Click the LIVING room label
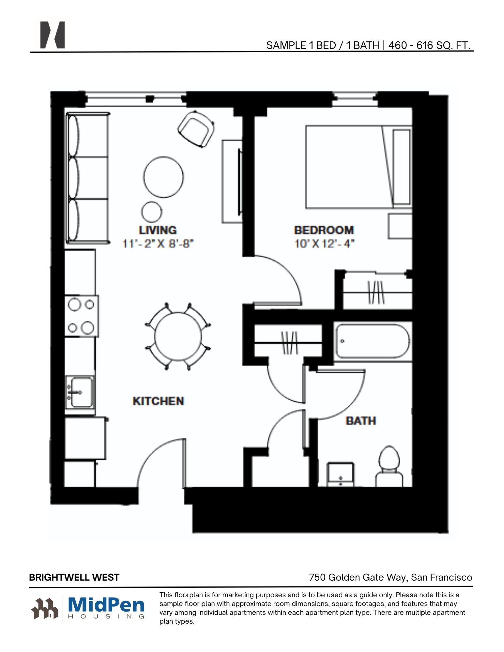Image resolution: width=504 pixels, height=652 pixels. tap(158, 230)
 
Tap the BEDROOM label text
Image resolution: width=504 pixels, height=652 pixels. tap(324, 230)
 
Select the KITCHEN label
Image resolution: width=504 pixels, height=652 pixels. tap(158, 401)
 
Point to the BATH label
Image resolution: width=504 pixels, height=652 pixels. tap(361, 421)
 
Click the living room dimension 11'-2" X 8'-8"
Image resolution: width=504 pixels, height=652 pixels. tap(158, 244)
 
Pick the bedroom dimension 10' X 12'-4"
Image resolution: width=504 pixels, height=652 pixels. tap(324, 244)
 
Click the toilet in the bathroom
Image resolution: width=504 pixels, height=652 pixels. tap(389, 467)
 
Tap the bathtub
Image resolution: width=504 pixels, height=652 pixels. tap(372, 341)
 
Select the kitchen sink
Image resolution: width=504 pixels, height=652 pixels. tap(80, 392)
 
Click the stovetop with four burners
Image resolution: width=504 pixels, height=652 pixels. tap(81, 316)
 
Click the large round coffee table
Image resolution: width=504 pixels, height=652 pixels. tap(163, 177)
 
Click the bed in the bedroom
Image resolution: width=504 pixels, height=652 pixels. tap(359, 167)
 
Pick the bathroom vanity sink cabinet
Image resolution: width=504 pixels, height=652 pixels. tap(341, 474)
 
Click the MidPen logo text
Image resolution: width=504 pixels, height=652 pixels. tap(106, 605)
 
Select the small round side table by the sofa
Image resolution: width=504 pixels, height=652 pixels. tap(152, 211)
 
